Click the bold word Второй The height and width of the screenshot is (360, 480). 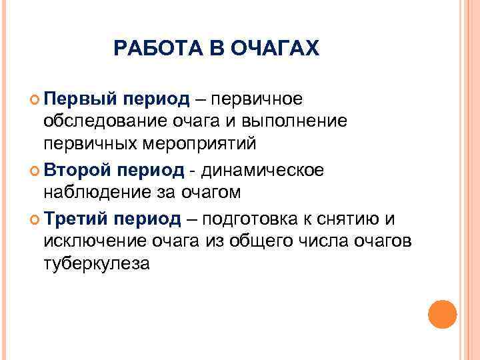coord(77,170)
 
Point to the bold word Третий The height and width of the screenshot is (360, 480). coord(76,219)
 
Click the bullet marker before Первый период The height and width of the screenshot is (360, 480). coord(35,99)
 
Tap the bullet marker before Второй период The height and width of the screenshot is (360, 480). coord(35,171)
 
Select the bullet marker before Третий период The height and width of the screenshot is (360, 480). coord(35,219)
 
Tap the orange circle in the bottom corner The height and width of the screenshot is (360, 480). coord(442,314)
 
